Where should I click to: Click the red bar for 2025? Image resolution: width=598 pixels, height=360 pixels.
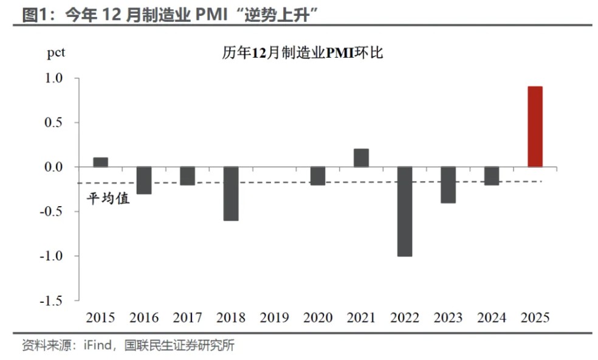tap(535, 126)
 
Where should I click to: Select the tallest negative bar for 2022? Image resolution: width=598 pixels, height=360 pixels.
tap(405, 211)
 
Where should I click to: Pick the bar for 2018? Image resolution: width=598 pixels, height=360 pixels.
tap(231, 193)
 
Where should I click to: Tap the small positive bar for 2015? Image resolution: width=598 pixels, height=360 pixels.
tap(101, 162)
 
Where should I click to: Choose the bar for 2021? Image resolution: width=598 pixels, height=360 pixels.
tap(361, 158)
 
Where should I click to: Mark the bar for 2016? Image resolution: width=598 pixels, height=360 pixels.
tap(144, 180)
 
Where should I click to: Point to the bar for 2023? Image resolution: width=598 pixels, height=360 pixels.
tap(448, 185)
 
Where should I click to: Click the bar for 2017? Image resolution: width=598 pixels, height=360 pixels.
tap(187, 176)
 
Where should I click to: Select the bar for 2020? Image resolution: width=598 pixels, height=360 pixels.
tap(318, 176)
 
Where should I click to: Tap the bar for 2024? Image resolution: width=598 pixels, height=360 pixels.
tap(492, 176)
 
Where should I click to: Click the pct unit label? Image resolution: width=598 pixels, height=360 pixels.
tap(56, 53)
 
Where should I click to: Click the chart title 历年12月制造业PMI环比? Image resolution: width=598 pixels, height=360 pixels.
tap(301, 54)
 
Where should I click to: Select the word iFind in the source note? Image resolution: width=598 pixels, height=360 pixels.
tap(96, 346)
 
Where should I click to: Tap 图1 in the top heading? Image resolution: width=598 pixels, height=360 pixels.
tap(34, 15)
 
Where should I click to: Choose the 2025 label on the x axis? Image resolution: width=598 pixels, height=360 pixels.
tap(535, 317)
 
